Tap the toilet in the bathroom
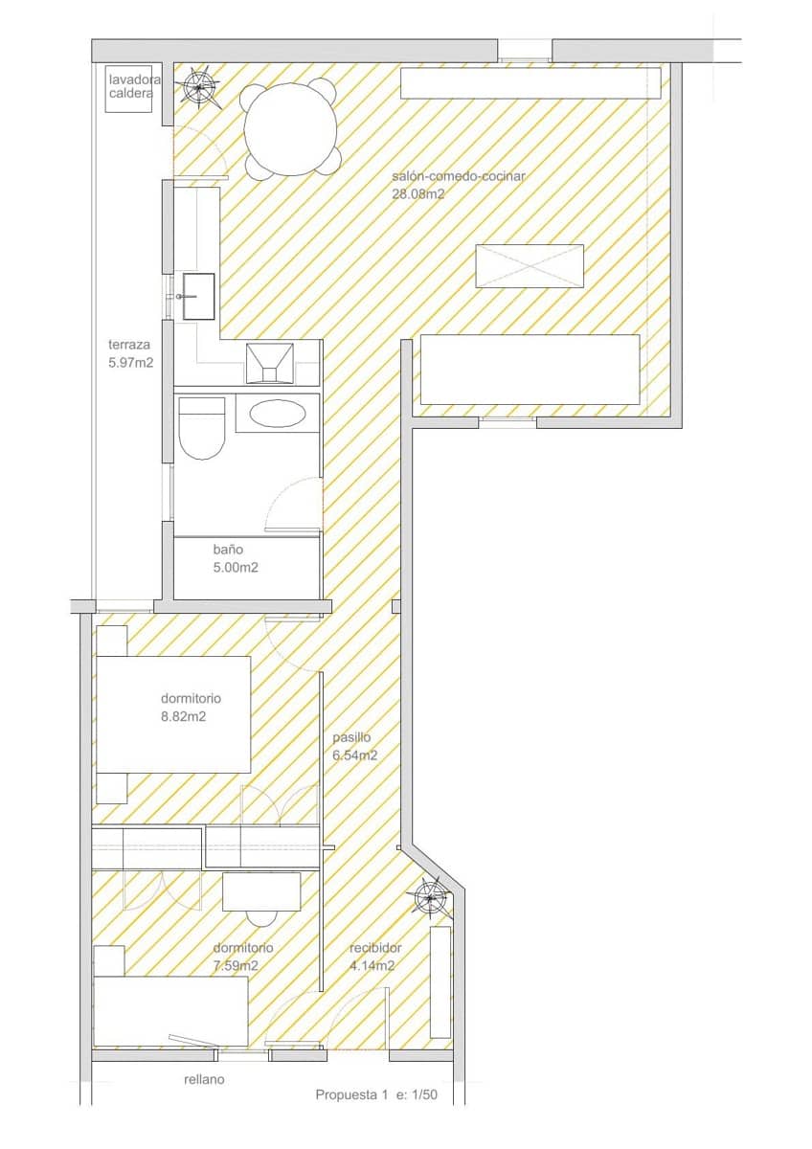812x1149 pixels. pos(201,427)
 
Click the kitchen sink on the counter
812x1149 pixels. pos(200,296)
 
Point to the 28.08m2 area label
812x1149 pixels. pos(418,193)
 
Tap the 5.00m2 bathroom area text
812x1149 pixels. pos(236,567)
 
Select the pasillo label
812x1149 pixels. pos(351,738)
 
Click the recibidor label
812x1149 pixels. pos(375,948)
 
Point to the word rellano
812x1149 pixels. pos(204,1079)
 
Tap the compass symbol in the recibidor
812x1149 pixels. pos(431,897)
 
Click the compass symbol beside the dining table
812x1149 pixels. pos(201,88)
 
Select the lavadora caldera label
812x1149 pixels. pos(134,86)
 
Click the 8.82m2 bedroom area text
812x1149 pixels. pos(183,715)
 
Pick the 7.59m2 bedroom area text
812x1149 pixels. pos(235,965)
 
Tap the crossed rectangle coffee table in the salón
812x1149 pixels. pos(530,265)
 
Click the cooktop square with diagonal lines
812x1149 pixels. pos(271,362)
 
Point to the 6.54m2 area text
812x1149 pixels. pos(354,755)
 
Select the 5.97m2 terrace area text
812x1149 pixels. pos(131,363)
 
